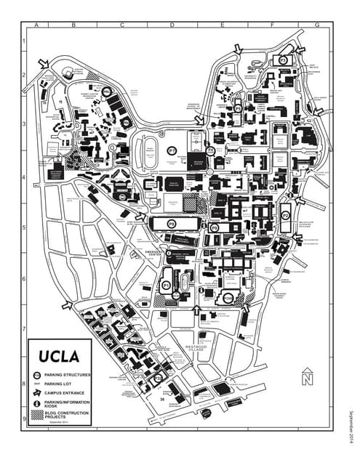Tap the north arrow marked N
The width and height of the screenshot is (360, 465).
click(307, 376)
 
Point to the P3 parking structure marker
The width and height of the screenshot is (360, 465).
click(282, 61)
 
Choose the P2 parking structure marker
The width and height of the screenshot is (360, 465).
click(285, 216)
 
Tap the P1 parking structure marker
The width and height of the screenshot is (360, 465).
click(166, 286)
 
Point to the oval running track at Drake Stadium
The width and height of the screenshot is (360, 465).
click(149, 150)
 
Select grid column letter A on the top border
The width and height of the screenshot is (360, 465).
click(36, 25)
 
